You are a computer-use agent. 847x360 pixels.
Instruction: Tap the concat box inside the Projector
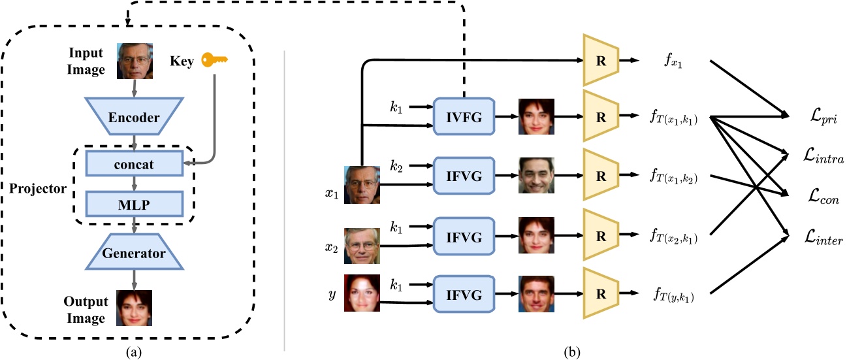[x=133, y=164]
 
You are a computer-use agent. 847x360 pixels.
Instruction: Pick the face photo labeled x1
[x=362, y=184]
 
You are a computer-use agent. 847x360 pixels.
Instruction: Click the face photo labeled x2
[x=362, y=246]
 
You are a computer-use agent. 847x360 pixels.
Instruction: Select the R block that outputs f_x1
[x=600, y=60]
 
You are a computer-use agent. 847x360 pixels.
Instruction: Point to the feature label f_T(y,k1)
[x=674, y=297]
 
